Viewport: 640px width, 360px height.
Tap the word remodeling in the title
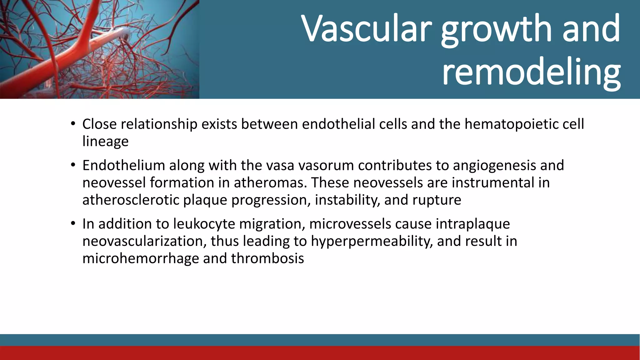(x=531, y=72)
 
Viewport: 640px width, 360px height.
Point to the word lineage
(x=105, y=141)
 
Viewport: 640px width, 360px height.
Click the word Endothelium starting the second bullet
(x=123, y=165)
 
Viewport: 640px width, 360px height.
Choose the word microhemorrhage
(x=141, y=258)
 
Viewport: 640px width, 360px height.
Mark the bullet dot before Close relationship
(x=73, y=124)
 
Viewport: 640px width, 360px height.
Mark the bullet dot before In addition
(x=73, y=224)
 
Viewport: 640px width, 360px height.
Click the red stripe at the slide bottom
(x=320, y=353)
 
